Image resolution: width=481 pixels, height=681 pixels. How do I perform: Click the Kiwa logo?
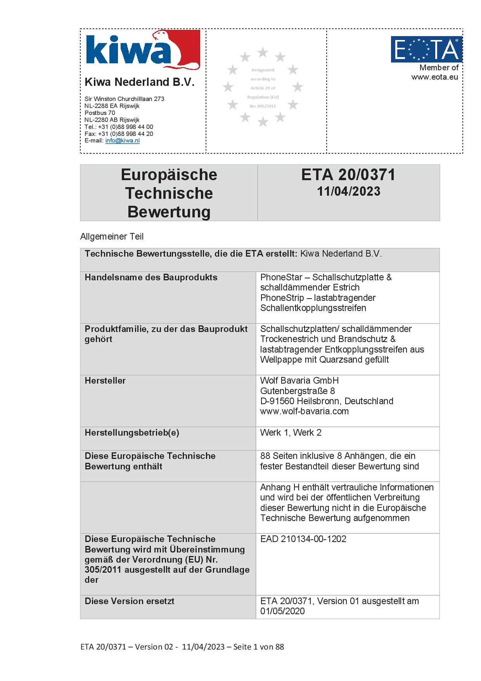click(x=142, y=50)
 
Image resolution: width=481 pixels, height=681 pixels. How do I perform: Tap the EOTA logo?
click(x=426, y=49)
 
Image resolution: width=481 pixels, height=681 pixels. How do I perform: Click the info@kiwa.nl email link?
click(x=122, y=141)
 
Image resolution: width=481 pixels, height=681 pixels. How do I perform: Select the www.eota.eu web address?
click(x=434, y=77)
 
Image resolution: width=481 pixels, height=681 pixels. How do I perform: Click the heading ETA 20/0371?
click(x=348, y=175)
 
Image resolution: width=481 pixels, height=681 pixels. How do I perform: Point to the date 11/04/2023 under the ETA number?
click(x=349, y=191)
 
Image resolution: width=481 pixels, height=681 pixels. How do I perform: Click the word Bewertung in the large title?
click(x=169, y=212)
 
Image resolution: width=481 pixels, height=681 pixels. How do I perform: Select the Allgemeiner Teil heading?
click(x=112, y=236)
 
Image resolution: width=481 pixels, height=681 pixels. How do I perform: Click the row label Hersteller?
click(x=105, y=380)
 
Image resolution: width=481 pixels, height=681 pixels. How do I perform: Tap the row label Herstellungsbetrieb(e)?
click(x=132, y=433)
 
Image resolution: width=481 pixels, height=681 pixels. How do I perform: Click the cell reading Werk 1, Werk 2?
click(x=291, y=433)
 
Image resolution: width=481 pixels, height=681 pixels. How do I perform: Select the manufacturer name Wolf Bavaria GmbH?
click(x=299, y=380)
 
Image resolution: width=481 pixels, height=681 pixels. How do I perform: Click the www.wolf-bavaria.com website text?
click(x=305, y=411)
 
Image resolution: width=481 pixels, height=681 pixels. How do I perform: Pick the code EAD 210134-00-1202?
click(x=303, y=539)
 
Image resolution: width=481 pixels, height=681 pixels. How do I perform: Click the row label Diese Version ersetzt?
click(x=130, y=601)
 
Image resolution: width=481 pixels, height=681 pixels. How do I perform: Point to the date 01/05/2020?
click(x=282, y=611)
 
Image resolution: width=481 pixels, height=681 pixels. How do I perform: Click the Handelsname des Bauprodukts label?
click(x=151, y=277)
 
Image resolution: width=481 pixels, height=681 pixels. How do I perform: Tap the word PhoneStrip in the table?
click(x=282, y=298)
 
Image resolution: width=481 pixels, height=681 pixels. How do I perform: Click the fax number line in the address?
click(x=119, y=134)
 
